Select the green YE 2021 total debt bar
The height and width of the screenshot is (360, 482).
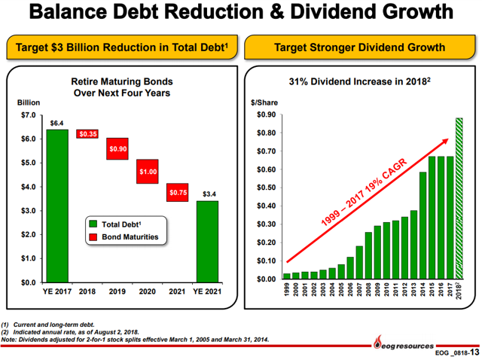pyautogui.click(x=207, y=241)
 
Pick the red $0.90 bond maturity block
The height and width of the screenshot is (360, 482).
pyautogui.click(x=117, y=149)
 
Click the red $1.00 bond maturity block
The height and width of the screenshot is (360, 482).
pyautogui.click(x=148, y=172)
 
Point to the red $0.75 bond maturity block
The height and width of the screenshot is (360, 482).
pyautogui.click(x=178, y=193)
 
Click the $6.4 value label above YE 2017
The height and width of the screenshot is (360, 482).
pyautogui.click(x=56, y=122)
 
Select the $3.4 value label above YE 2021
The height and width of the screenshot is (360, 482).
pyautogui.click(x=209, y=194)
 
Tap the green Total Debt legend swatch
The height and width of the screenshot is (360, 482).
pyautogui.click(x=93, y=224)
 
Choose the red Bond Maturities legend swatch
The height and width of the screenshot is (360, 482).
pyautogui.click(x=93, y=237)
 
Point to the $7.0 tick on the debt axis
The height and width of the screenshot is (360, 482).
pyautogui.click(x=27, y=115)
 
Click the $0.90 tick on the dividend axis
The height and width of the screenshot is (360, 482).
pyautogui.click(x=267, y=115)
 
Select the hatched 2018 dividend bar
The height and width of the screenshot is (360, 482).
pyautogui.click(x=458, y=199)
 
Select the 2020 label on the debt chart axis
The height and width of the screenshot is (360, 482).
pyautogui.click(x=148, y=291)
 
